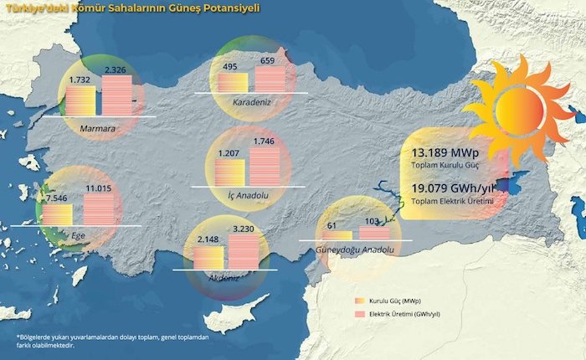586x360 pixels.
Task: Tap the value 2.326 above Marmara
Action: pos(116,69)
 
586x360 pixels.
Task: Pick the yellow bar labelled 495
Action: pos(234,82)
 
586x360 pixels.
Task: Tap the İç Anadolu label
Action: pos(247,195)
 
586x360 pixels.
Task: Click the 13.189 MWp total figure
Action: pos(443,154)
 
